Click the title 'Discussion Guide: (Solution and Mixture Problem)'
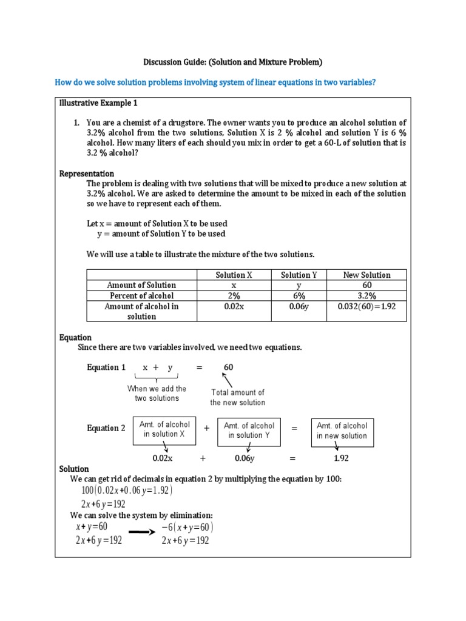tap(233, 62)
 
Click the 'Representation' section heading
tap(86, 173)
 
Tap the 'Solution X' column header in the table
tap(234, 275)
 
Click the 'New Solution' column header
tap(366, 275)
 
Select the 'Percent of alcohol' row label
tap(141, 296)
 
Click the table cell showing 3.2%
tap(366, 296)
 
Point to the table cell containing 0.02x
tap(234, 307)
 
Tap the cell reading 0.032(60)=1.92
tap(366, 307)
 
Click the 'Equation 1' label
tap(106, 368)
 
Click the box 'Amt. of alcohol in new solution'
tap(342, 431)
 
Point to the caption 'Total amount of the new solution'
tap(238, 397)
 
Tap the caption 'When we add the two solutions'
tap(157, 393)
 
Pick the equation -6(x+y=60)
tap(187, 526)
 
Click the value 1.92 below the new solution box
tap(342, 458)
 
